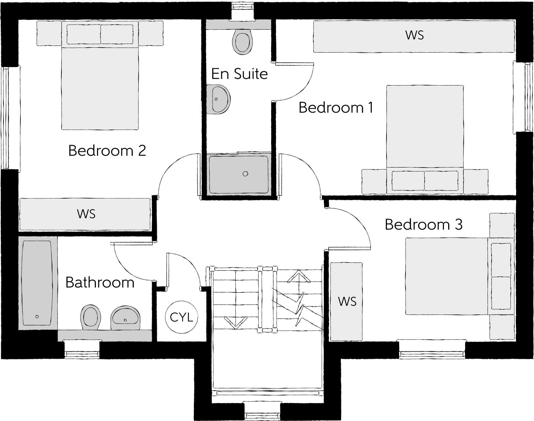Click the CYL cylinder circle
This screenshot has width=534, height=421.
tap(181, 317)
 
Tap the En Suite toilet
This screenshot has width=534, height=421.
tap(243, 41)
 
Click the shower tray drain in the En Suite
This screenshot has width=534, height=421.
tap(245, 174)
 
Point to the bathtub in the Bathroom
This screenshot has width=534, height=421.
tap(37, 283)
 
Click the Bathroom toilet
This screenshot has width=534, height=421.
tap(91, 317)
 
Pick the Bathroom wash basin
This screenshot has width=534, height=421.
tap(126, 318)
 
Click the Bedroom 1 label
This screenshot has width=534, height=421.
tap(336, 108)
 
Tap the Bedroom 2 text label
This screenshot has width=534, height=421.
tap(107, 151)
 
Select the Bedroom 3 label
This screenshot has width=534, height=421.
tap(423, 225)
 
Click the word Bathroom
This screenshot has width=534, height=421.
tap(100, 283)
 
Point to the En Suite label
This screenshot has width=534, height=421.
tap(240, 74)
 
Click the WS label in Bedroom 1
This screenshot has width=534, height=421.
tap(415, 35)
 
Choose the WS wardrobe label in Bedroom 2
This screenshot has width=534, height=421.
tap(86, 214)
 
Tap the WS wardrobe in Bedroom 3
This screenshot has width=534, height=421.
tap(347, 301)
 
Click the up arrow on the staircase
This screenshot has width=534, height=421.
tap(299, 277)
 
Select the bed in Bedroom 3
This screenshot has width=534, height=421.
tap(447, 276)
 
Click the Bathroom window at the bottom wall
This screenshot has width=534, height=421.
tap(82, 350)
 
